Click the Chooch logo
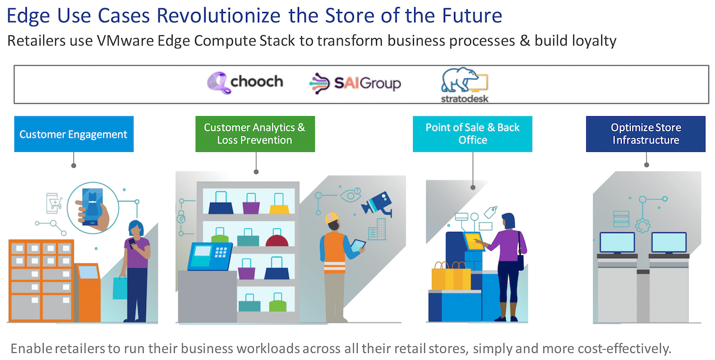point(245,82)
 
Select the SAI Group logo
point(355,83)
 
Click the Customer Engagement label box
point(74,134)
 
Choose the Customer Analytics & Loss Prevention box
point(255,134)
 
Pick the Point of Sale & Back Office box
point(472,134)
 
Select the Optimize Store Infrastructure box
point(646,134)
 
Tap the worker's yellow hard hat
point(332,218)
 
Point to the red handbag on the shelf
point(276,238)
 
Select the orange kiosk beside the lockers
point(88,292)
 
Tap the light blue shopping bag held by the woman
point(120,287)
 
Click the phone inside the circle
point(92,207)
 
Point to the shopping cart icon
point(54,203)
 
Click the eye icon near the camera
point(350,194)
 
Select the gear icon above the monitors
point(642,225)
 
